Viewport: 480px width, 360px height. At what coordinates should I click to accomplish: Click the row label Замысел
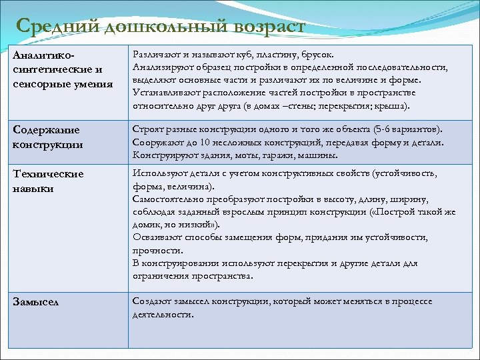35,302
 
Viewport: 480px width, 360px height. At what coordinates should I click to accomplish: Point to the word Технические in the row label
49,174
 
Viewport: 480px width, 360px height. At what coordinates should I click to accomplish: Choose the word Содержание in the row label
46,130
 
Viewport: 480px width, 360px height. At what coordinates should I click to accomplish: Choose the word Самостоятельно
172,199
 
